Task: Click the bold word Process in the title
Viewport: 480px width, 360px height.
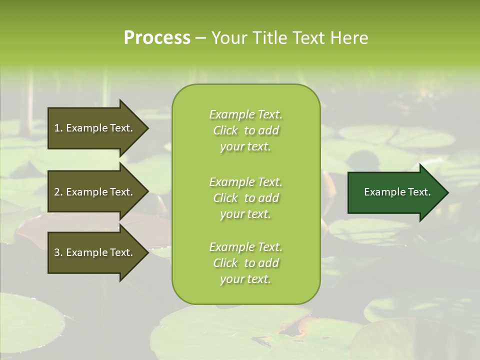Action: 157,38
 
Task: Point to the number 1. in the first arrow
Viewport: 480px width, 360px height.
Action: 58,128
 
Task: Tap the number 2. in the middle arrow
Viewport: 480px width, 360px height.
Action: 58,192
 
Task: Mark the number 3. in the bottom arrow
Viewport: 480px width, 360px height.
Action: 58,252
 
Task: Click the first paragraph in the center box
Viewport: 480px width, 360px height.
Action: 245,130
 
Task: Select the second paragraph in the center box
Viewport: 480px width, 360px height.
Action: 245,198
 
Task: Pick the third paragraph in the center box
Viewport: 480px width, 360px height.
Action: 245,263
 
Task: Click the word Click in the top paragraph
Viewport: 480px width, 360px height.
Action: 225,130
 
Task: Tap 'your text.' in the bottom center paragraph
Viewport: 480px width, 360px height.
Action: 245,279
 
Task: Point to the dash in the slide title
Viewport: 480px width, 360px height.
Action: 200,38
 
